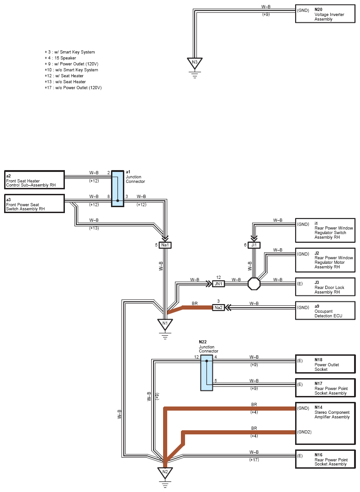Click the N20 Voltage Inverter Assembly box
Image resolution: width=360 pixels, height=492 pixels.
pyautogui.click(x=325, y=14)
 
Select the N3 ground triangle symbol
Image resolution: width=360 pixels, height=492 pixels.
pyautogui.click(x=195, y=63)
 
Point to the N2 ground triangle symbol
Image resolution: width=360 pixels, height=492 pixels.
pyautogui.click(x=165, y=473)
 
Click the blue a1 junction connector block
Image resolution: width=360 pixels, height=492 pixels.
pyautogui.click(x=117, y=188)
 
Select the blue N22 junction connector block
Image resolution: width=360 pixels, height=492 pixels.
pyautogui.click(x=206, y=373)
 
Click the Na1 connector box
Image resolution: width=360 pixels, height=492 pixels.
pyautogui.click(x=165, y=245)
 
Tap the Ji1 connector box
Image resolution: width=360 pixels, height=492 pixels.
pyautogui.click(x=254, y=245)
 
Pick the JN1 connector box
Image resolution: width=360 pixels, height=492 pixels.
pyautogui.click(x=218, y=283)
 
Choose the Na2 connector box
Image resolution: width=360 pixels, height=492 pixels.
pyautogui.click(x=218, y=307)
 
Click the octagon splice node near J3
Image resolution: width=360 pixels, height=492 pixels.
pyautogui.click(x=254, y=283)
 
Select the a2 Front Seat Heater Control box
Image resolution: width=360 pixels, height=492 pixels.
pyautogui.click(x=35, y=180)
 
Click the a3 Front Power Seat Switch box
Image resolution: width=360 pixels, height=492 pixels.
pyautogui.click(x=35, y=203)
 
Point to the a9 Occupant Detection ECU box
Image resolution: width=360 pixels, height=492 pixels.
pyautogui.click(x=325, y=310)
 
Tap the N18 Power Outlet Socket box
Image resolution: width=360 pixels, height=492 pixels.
pyautogui.click(x=325, y=364)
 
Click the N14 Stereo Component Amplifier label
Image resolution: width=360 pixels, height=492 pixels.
pyautogui.click(x=332, y=412)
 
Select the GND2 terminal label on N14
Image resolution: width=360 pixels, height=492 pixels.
pyautogui.click(x=304, y=432)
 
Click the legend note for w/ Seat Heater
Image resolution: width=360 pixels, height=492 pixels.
pyautogui.click(x=64, y=76)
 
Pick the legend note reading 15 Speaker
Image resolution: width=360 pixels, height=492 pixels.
pyautogui.click(x=60, y=58)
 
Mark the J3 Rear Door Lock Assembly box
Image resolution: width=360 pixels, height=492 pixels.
pyautogui.click(x=325, y=287)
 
